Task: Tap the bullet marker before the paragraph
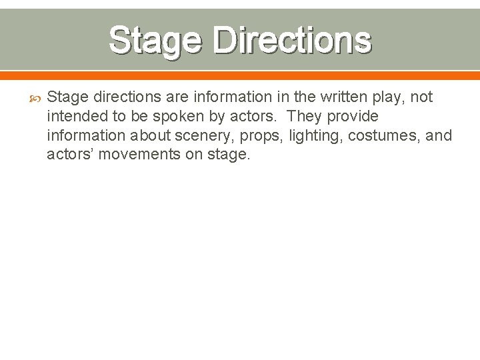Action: tap(36, 98)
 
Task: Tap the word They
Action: tap(305, 117)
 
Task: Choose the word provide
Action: tap(354, 117)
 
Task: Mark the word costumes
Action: tap(389, 136)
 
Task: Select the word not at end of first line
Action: tap(421, 97)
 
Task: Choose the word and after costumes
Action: tap(439, 136)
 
